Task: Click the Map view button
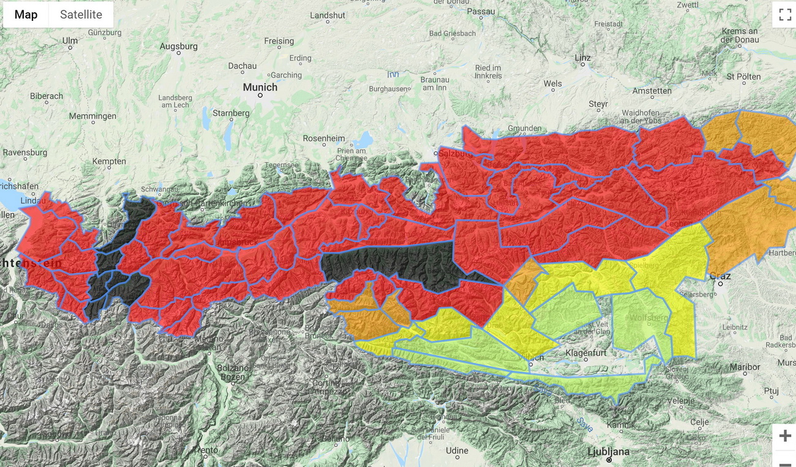click(x=26, y=15)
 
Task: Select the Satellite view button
click(x=81, y=15)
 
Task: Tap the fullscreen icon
click(x=784, y=15)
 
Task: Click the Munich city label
click(x=260, y=88)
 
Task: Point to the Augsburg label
click(x=178, y=47)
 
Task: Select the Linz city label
click(x=582, y=58)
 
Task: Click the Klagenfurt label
click(x=586, y=353)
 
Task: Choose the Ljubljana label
click(x=609, y=452)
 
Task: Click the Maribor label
click(x=745, y=367)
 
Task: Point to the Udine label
click(x=456, y=450)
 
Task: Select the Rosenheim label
click(x=324, y=139)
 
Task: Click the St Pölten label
click(x=743, y=77)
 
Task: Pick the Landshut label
click(x=328, y=15)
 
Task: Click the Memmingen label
click(x=92, y=116)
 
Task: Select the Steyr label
click(x=598, y=104)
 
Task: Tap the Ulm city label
click(x=70, y=40)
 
